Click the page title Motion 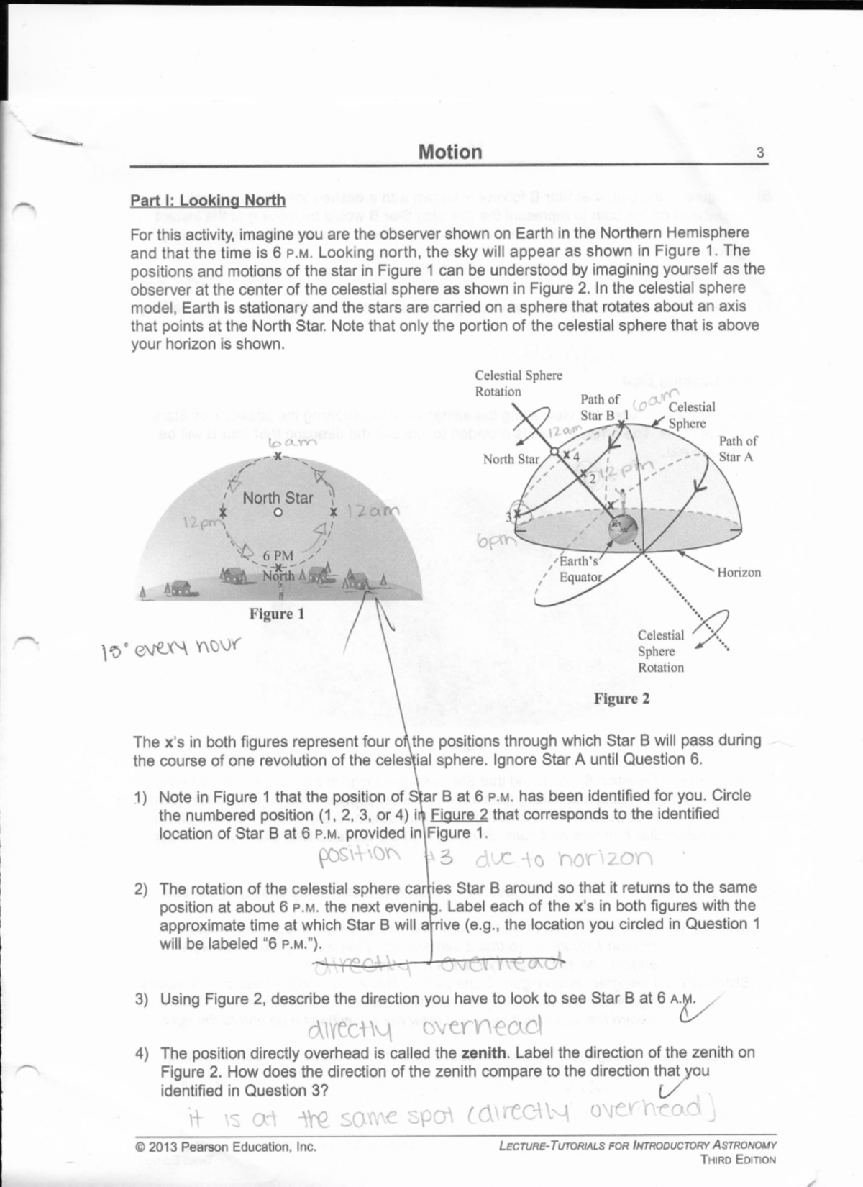click(449, 152)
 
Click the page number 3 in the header click(760, 153)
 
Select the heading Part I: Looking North click(207, 200)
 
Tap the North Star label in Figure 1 click(278, 498)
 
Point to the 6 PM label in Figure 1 click(278, 555)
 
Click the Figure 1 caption click(277, 614)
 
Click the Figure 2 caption click(621, 699)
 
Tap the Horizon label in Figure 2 click(739, 573)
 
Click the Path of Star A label click(737, 449)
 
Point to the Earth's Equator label click(580, 569)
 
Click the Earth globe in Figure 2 click(624, 531)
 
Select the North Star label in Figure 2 click(511, 459)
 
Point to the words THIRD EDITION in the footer click(738, 1160)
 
